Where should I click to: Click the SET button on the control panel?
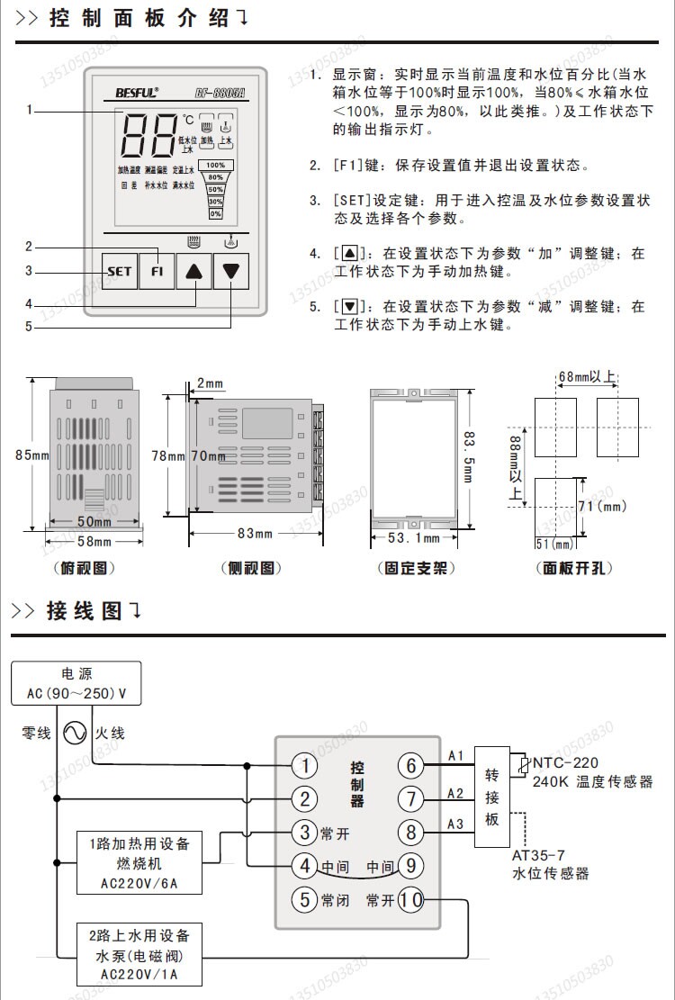tap(119, 270)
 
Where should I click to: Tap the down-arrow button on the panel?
tap(233, 270)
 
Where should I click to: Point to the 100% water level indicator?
tap(216, 166)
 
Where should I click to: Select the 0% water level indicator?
tap(216, 213)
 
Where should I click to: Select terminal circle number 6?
tap(411, 766)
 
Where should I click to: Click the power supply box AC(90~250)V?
tap(76, 683)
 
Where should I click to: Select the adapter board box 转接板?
tap(491, 796)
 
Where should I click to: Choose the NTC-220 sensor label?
tap(564, 763)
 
